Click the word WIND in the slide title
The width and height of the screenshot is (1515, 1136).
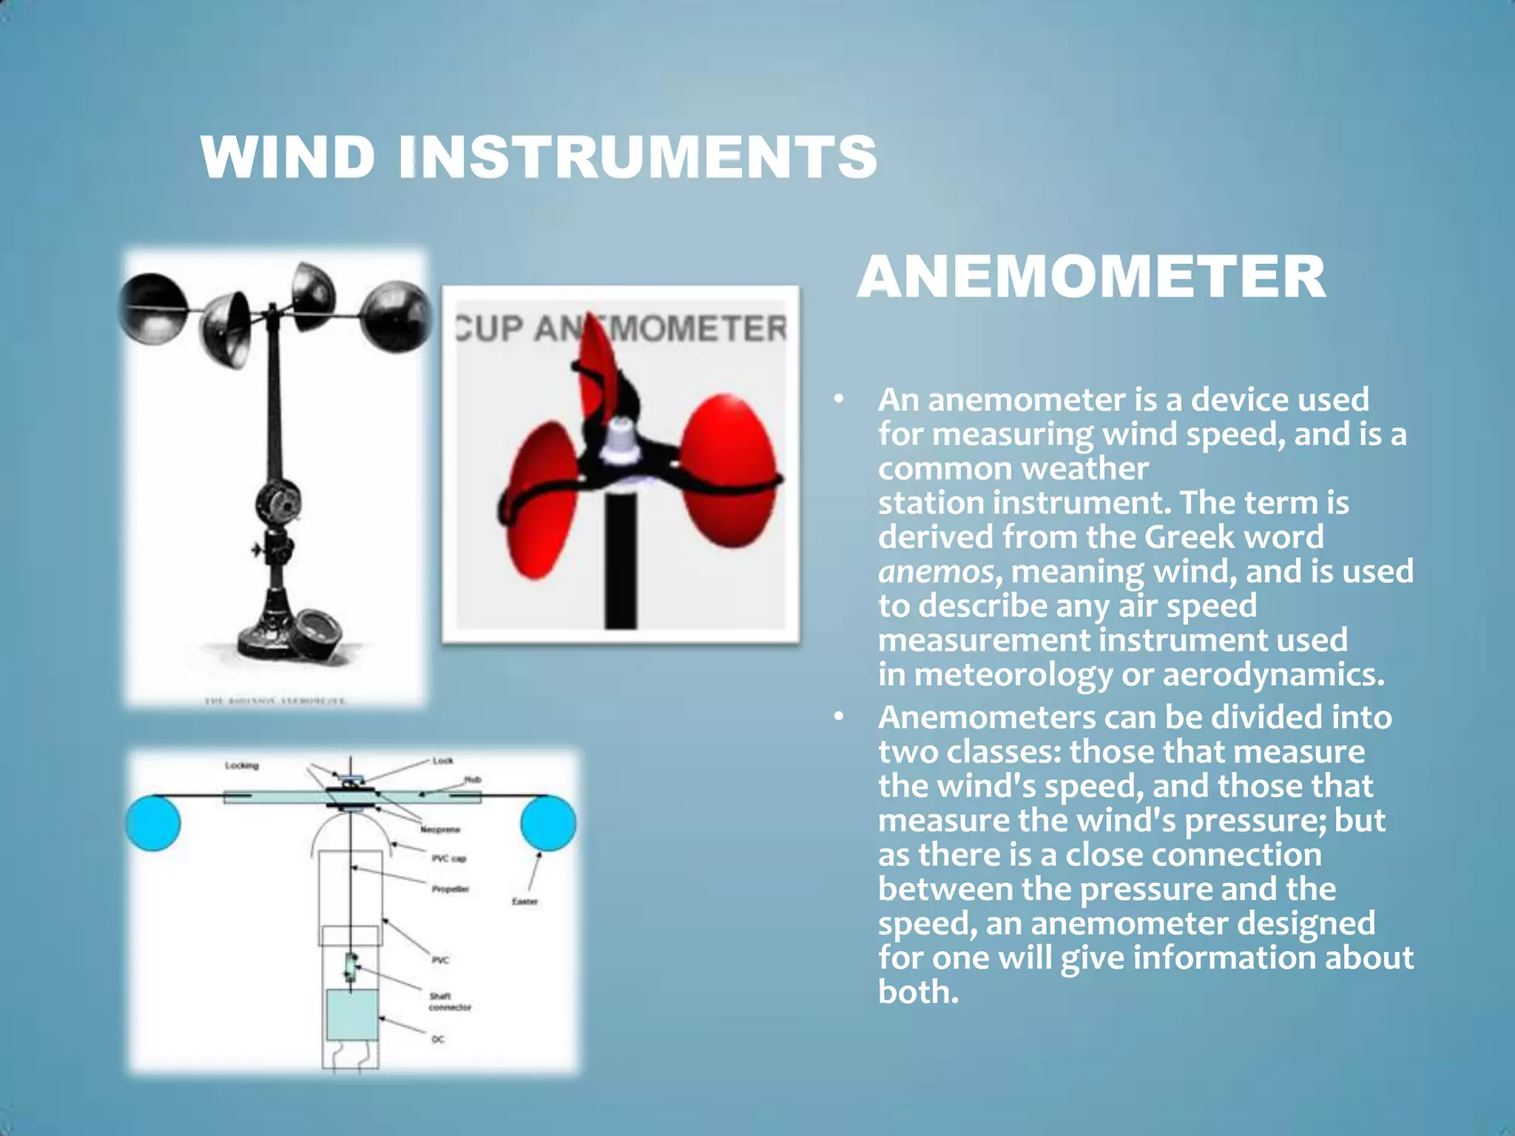pos(288,157)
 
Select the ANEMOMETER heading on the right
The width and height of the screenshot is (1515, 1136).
pos(1091,277)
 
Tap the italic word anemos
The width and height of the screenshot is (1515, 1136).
pos(936,572)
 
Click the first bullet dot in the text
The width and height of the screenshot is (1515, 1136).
pos(838,400)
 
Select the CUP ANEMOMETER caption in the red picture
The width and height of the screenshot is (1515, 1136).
pos(621,328)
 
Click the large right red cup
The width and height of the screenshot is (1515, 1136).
pos(728,470)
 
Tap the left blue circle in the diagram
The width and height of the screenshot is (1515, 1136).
pos(153,822)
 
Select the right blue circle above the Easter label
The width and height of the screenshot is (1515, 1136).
pos(547,822)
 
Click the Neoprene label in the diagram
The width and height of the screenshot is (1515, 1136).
pos(440,830)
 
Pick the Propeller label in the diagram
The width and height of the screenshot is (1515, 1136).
pos(451,889)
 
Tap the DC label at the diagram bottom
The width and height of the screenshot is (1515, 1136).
pos(438,1039)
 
